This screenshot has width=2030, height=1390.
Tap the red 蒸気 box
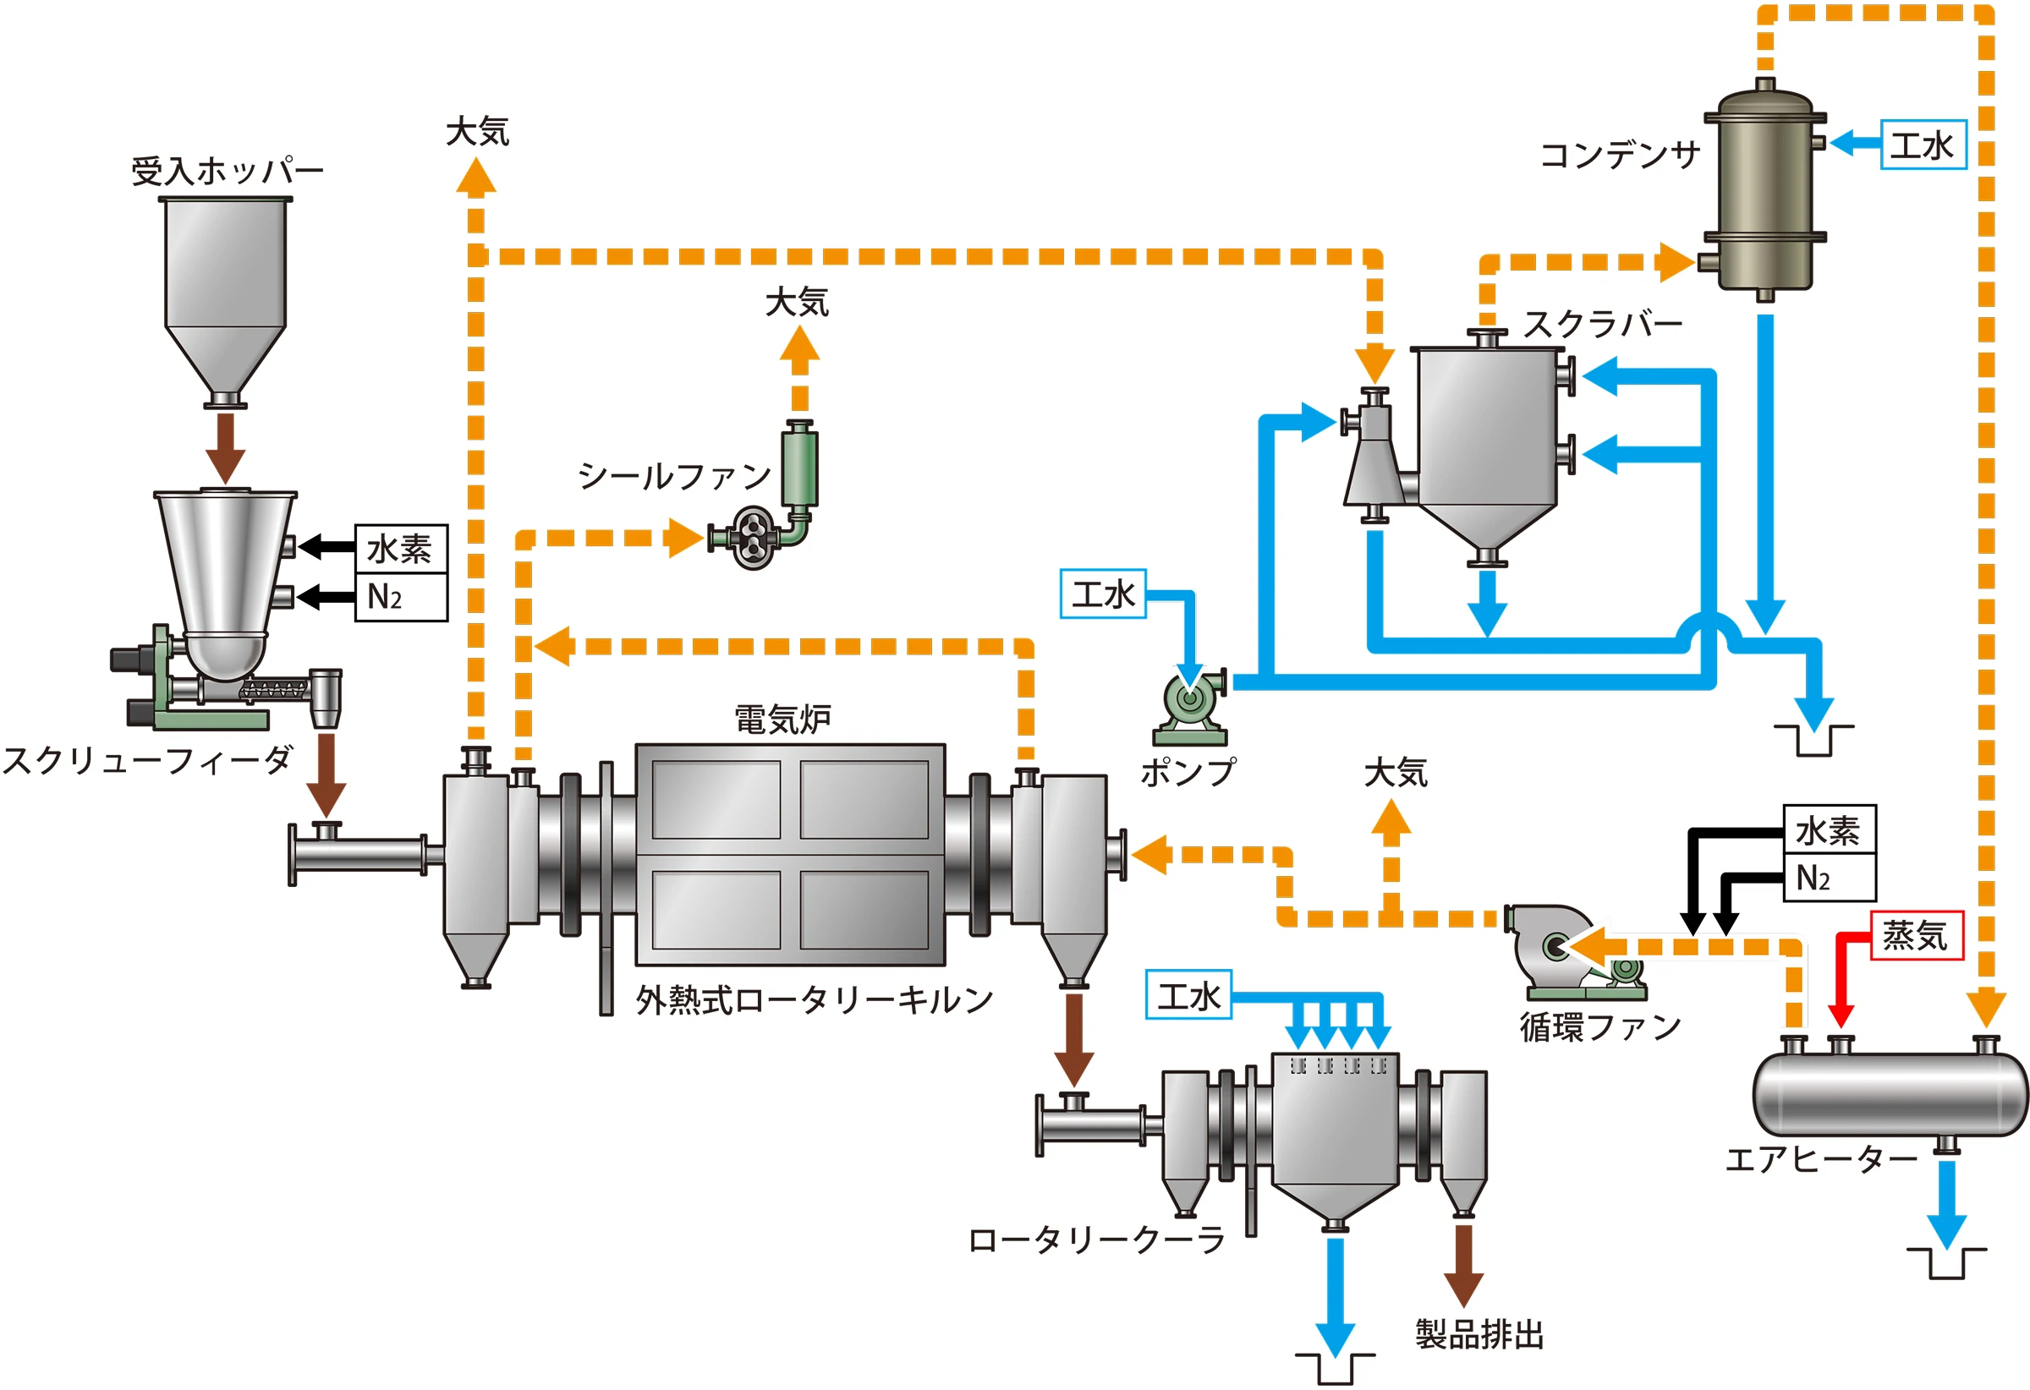[x=1916, y=935]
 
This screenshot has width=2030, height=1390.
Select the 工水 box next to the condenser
[x=1923, y=145]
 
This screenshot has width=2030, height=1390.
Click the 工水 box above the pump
[x=1102, y=594]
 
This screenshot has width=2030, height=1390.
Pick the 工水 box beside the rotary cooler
[x=1188, y=994]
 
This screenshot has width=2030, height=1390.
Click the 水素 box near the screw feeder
[x=401, y=549]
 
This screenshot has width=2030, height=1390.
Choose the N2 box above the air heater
[x=1828, y=878]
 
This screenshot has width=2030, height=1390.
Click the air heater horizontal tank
[x=1890, y=1095]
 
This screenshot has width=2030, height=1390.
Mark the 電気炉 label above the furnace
[x=782, y=720]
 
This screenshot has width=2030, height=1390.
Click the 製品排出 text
[x=1479, y=1334]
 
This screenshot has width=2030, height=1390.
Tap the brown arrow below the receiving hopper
[x=225, y=446]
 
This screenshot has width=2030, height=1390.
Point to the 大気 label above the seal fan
[x=797, y=302]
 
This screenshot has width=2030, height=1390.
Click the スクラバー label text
[x=1604, y=324]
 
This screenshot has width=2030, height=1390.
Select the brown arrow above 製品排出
[x=1463, y=1264]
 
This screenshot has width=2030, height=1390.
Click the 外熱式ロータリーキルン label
[x=814, y=999]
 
